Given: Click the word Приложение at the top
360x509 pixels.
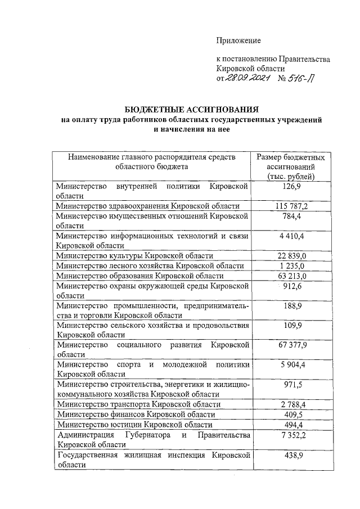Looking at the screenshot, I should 239,40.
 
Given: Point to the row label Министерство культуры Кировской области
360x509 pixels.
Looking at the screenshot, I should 134,256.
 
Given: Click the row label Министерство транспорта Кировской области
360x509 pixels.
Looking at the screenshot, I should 138,404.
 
